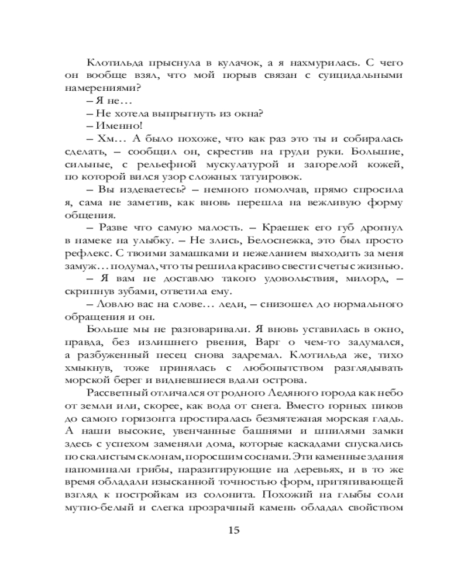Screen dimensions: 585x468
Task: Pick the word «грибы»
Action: (144, 471)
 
